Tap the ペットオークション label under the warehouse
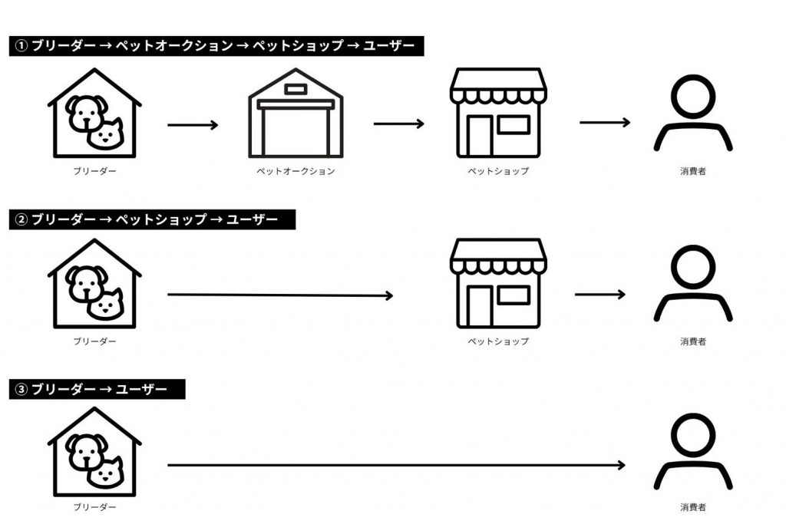[296, 171]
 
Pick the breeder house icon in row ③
[94, 453]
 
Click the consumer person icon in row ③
[692, 453]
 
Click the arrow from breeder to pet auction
[193, 124]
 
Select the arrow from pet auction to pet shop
[398, 124]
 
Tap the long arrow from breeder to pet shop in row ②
[280, 295]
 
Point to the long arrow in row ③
[396, 465]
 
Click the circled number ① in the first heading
[21, 46]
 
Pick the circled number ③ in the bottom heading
[21, 390]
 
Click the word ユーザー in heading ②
[253, 219]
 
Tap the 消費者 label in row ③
[692, 507]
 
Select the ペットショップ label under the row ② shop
[498, 341]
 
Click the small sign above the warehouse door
[296, 89]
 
